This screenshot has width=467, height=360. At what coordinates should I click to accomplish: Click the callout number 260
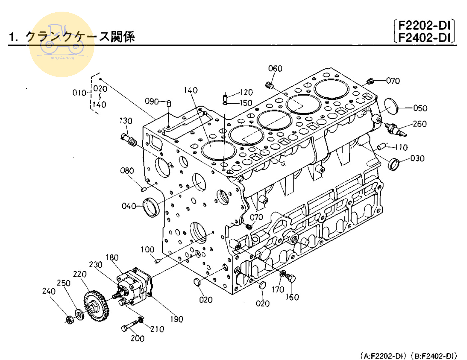click(x=419, y=124)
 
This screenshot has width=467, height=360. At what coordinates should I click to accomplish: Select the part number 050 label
click(x=420, y=108)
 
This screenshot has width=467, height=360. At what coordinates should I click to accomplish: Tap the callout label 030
click(x=417, y=158)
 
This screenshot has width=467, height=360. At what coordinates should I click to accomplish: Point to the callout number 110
click(x=401, y=147)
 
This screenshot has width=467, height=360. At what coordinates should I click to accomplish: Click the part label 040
click(x=129, y=206)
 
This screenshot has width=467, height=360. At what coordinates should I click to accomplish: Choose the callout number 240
click(x=49, y=291)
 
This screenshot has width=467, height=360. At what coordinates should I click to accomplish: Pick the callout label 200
click(x=137, y=338)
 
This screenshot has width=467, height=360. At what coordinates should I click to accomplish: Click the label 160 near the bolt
click(x=292, y=297)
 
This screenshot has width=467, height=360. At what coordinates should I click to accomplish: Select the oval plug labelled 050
click(x=391, y=106)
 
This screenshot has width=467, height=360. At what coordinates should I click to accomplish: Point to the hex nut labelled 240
click(x=69, y=320)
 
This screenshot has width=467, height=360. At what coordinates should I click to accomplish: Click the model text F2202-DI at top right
click(x=424, y=25)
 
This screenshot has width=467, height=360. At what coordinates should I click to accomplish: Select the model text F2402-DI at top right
click(x=424, y=37)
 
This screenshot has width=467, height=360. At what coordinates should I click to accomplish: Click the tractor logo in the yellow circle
click(x=62, y=42)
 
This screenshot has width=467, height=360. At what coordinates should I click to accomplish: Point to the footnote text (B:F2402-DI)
click(x=434, y=356)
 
